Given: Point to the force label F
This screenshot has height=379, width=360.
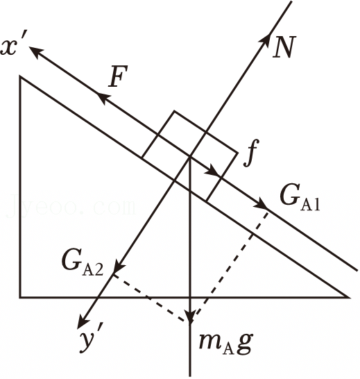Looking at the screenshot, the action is [x=118, y=76].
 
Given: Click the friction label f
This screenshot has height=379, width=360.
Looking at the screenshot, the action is [x=251, y=153].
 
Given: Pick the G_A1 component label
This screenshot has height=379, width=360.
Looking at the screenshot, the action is [x=300, y=199].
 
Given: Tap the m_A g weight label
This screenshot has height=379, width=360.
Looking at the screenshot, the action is [x=225, y=343].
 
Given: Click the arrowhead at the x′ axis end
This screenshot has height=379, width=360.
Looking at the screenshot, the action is [x=36, y=51].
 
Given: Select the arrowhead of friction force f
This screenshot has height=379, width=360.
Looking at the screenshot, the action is [x=213, y=171].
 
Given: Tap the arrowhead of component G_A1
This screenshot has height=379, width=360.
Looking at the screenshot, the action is [x=261, y=204].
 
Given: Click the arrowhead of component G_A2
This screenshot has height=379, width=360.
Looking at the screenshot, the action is [x=119, y=267].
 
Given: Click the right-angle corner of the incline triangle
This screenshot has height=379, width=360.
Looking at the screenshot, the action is [x=20, y=297].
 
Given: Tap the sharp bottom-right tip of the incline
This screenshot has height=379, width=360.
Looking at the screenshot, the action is [x=349, y=297].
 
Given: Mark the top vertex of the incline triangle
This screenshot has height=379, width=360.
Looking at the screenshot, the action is [x=20, y=77].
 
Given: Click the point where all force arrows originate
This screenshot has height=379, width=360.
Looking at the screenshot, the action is [x=190, y=157].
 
